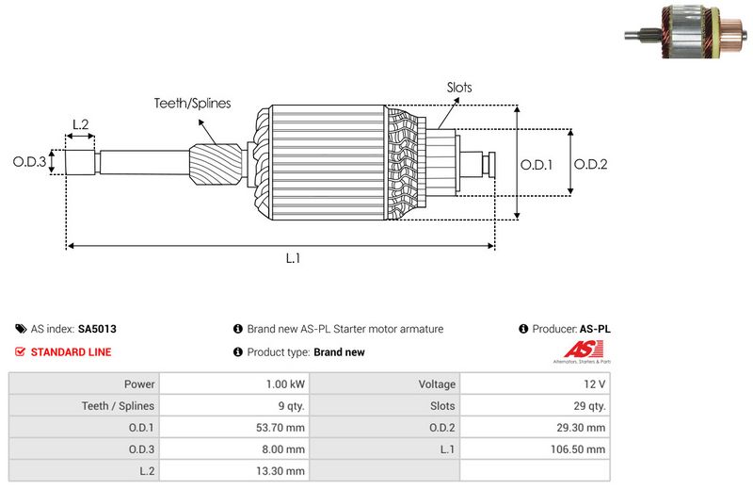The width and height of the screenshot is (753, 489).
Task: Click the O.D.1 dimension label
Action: pos(537,164)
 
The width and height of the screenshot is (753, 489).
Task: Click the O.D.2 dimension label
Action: pos(591,164)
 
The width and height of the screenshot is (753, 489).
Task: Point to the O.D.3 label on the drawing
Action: pos(29,162)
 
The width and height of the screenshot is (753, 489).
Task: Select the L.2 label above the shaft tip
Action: pos(81,125)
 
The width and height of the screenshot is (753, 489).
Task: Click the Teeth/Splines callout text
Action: pos(193,104)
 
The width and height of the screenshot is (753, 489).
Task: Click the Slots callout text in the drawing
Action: pos(459,88)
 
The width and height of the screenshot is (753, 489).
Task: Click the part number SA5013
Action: pos(97,329)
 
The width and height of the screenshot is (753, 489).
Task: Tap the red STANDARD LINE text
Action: pos(71,352)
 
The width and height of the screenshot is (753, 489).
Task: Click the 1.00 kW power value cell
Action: pos(285,384)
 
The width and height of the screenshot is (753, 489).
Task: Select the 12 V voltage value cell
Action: pos(594,384)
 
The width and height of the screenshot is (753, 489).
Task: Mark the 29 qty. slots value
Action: pos(590,406)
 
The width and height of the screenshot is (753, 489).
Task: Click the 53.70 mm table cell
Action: pos(284,428)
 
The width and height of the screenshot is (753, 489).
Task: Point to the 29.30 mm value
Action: pos(585,428)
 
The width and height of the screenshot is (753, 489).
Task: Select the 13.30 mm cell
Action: pos(284,471)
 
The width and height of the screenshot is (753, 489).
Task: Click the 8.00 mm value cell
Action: pos(286,449)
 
